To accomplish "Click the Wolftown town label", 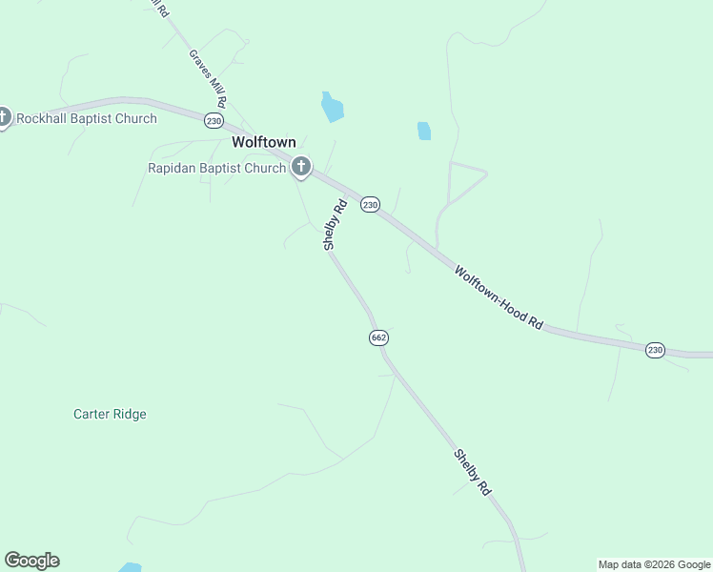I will [x=264, y=142].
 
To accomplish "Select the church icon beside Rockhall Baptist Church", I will [x=3, y=118].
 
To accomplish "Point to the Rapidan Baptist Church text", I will [x=216, y=168].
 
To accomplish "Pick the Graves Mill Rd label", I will [x=207, y=78].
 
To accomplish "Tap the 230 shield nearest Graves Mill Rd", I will [x=214, y=120].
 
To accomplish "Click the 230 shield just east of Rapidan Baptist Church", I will [x=370, y=205].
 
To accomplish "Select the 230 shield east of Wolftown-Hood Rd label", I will [x=655, y=350].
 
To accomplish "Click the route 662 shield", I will [x=378, y=338].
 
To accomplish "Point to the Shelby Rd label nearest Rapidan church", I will [x=334, y=224].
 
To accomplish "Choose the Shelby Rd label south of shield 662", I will [x=472, y=472].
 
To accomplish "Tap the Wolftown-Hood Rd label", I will [x=498, y=297].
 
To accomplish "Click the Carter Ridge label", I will [x=110, y=415].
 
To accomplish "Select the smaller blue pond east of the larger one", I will [x=424, y=132].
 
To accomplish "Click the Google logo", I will [x=31, y=561].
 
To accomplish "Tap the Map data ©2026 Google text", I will [x=654, y=564].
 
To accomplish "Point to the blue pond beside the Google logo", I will [x=130, y=567].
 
